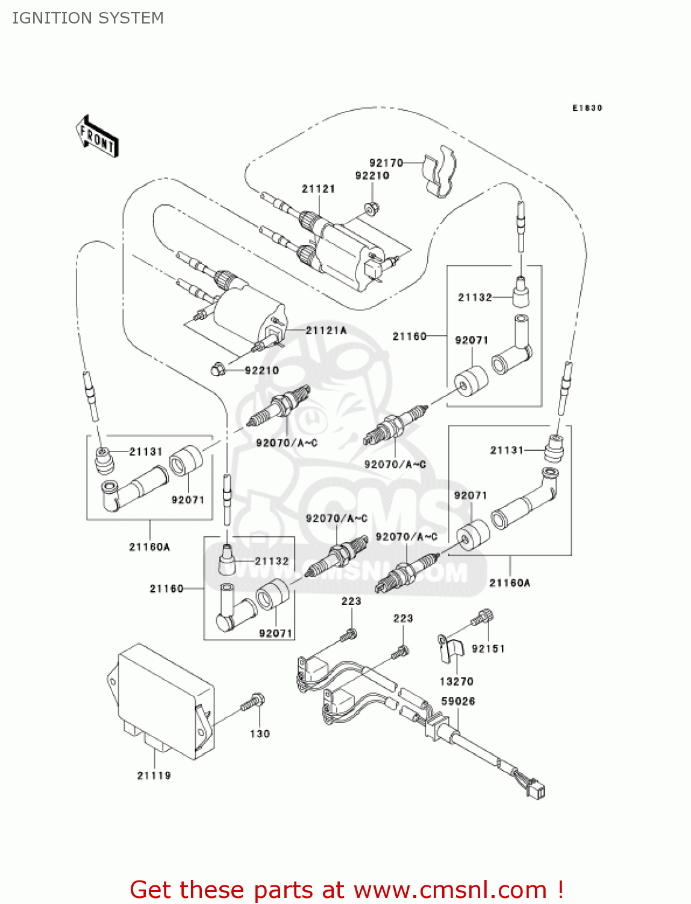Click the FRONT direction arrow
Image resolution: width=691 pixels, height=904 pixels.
point(97,136)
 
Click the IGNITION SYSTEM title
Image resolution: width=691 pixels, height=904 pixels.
point(88,18)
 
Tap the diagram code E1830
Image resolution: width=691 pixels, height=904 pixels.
point(587,108)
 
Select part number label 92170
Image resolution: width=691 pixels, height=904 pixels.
point(386,163)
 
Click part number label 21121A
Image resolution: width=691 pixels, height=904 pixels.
point(326,330)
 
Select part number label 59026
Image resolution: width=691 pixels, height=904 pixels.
point(458,702)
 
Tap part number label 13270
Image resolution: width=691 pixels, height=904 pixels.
point(456,682)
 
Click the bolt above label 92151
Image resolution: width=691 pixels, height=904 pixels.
point(483,618)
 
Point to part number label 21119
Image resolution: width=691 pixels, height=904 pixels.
point(154,776)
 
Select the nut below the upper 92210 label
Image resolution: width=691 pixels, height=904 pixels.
point(371,209)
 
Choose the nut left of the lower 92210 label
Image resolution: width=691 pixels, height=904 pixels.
point(218,368)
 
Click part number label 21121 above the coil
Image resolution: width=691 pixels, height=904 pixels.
point(318,189)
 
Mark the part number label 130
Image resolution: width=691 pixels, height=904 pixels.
point(260,733)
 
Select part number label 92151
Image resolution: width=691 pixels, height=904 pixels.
point(488,648)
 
